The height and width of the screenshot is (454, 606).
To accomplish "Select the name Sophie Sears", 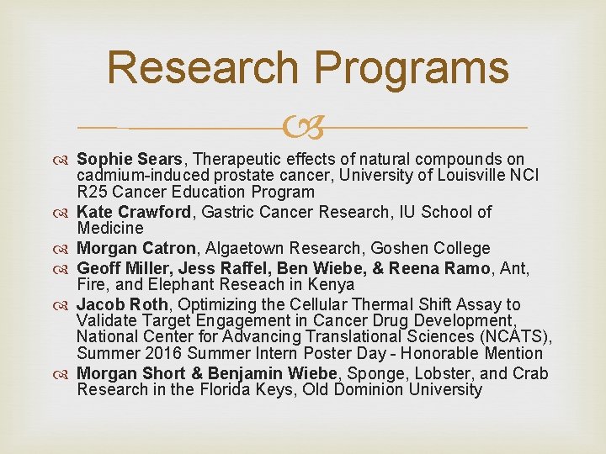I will (130, 159).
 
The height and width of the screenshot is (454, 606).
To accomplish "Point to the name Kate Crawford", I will (134, 212).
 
